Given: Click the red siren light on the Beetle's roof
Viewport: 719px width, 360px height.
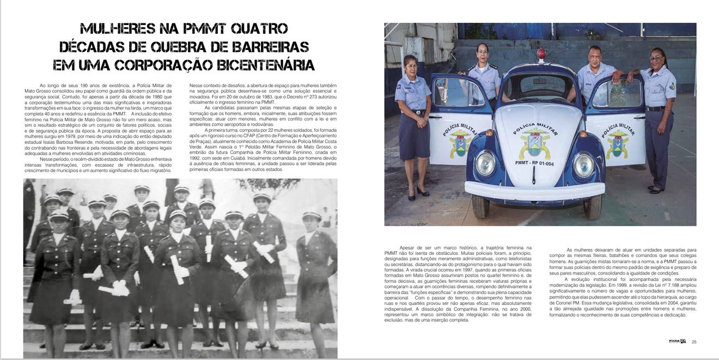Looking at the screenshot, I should pyautogui.click(x=541, y=54).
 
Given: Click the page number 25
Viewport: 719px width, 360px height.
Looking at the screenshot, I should pyautogui.click(x=694, y=342).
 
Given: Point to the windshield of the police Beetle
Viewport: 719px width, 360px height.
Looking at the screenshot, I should pyautogui.click(x=535, y=87).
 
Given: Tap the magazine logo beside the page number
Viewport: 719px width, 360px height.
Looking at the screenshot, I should pyautogui.click(x=678, y=342).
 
